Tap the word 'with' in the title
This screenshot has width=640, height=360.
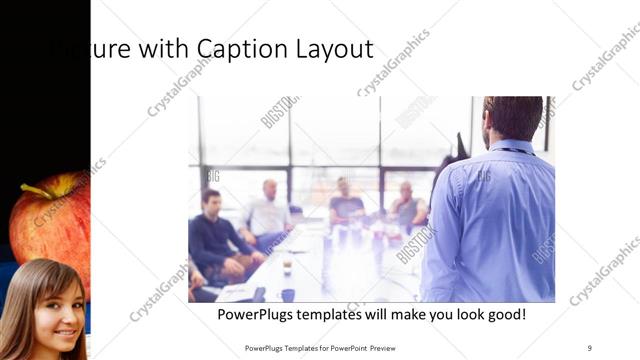[x=162, y=48]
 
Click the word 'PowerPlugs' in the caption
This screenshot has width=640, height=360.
[x=256, y=315]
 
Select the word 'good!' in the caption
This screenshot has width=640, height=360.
[x=504, y=315]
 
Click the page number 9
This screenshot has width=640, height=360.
[x=589, y=347]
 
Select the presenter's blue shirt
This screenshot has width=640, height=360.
[x=490, y=225]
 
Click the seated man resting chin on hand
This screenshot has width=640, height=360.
[x=405, y=207]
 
